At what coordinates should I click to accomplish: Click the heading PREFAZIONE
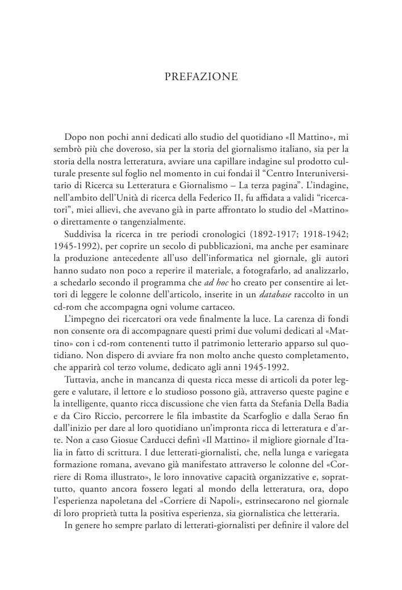201,77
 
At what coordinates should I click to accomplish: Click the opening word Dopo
76,138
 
